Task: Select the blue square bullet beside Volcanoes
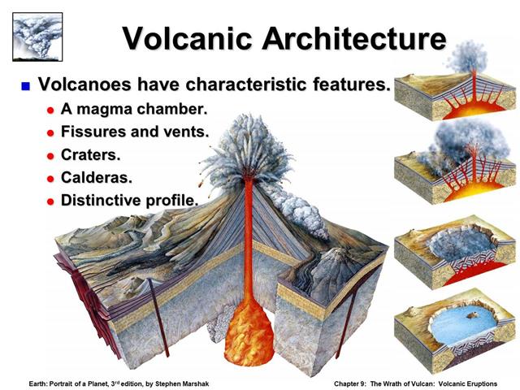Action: point(25,85)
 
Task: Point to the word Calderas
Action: point(102,176)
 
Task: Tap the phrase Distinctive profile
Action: point(130,199)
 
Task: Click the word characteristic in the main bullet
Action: point(242,84)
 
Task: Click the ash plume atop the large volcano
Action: point(244,146)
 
